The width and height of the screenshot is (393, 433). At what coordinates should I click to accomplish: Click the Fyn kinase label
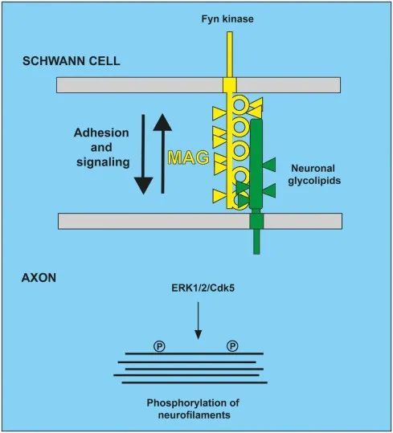coord(227,19)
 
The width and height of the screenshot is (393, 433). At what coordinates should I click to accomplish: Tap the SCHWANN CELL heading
coord(72,61)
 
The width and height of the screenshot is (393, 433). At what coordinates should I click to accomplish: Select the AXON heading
coord(39,277)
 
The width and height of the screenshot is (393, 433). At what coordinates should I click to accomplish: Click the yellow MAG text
coord(189,157)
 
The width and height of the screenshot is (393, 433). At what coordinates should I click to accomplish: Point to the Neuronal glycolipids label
coord(314,174)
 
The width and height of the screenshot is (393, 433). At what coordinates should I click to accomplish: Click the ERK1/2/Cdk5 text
coord(203,288)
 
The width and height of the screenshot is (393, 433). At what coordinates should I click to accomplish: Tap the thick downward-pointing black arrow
coord(143,154)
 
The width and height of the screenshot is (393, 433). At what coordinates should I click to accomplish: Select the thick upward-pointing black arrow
coord(162,153)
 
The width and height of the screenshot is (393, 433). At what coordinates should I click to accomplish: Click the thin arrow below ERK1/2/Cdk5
coord(198,321)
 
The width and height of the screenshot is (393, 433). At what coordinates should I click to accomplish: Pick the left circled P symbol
coord(159,346)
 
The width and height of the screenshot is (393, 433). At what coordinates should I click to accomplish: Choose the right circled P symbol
coord(232,345)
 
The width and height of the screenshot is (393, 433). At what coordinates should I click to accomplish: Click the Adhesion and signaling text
coord(102,148)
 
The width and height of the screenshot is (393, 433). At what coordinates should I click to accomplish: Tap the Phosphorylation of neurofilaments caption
coord(193,409)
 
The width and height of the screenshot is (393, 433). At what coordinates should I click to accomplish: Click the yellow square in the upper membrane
coord(230,84)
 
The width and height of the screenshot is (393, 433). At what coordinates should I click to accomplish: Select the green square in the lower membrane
coord(256,221)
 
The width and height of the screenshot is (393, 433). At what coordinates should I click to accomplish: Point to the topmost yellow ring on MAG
coord(239,105)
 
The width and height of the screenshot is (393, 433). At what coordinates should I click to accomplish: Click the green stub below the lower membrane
coord(256,242)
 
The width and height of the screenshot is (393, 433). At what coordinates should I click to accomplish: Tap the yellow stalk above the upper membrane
coord(230,55)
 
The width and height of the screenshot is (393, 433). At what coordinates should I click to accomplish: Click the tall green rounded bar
coord(256,164)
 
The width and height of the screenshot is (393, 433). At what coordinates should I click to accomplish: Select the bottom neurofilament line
coord(194,382)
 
